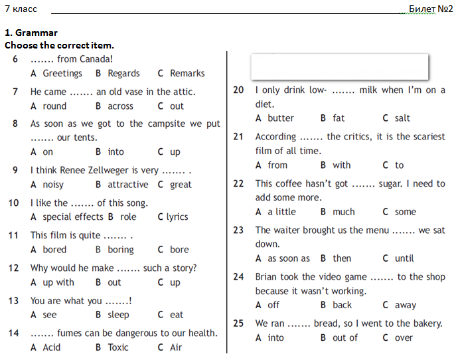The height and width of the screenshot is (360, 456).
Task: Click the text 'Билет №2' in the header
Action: click(x=431, y=9)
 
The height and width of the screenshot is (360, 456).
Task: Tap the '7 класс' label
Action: click(x=21, y=9)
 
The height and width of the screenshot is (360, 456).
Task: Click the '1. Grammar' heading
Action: click(x=31, y=33)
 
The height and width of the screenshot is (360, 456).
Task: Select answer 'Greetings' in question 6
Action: click(x=62, y=74)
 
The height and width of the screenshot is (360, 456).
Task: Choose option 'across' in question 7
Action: click(x=121, y=106)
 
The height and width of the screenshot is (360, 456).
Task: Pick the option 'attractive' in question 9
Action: click(x=128, y=185)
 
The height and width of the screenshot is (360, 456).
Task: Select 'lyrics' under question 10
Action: click(x=177, y=217)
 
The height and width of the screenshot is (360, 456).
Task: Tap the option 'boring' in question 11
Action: click(x=121, y=250)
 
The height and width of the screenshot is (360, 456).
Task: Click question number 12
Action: click(x=13, y=268)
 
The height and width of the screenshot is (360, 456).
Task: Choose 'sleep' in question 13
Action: click(x=118, y=315)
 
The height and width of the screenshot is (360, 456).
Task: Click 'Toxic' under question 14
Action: click(x=118, y=347)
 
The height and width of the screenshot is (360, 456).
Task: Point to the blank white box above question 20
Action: click(x=339, y=66)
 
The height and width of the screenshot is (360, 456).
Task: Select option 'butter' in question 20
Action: click(x=281, y=118)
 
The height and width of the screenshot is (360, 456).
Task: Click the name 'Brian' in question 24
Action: click(x=268, y=277)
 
